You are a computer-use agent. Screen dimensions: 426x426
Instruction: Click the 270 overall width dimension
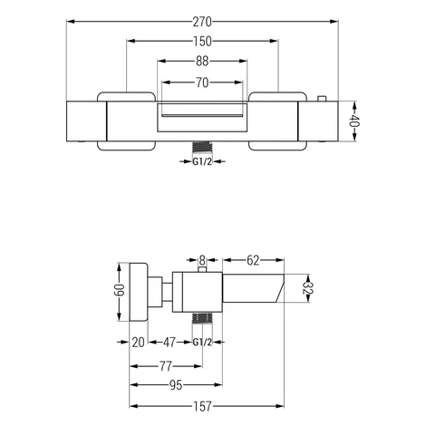[x=202, y=22]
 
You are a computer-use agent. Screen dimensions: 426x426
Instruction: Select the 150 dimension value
[x=202, y=42]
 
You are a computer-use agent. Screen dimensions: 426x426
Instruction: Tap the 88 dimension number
[x=202, y=62]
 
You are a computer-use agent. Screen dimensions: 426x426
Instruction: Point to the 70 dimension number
[x=202, y=82]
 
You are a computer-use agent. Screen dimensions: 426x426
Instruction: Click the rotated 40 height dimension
[x=353, y=121]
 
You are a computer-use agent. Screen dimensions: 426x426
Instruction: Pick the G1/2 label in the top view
[x=202, y=162]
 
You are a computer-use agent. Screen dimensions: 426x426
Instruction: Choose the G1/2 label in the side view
[x=202, y=343]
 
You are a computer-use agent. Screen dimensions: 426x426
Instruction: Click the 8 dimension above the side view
[x=202, y=260]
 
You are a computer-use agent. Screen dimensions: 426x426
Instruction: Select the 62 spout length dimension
[x=253, y=260]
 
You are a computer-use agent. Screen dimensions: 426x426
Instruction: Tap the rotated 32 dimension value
[x=308, y=288]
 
